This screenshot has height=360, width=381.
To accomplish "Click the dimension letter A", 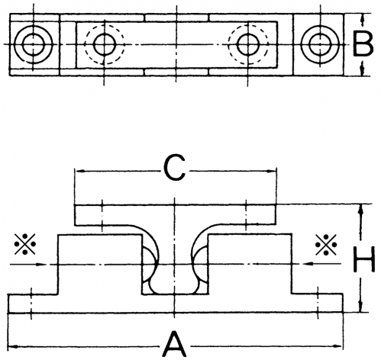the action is [x=174, y=344].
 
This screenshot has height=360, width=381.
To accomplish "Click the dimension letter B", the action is [x=363, y=43].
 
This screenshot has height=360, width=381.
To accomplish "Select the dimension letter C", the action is [x=174, y=168].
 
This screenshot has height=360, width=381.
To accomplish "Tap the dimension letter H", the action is [x=364, y=259].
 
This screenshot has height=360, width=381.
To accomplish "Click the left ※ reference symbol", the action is [x=25, y=244].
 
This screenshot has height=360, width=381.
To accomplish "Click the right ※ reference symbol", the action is [x=326, y=245].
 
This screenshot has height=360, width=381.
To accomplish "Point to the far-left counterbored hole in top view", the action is [x=34, y=44].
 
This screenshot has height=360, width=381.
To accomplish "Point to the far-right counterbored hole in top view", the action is [x=320, y=44].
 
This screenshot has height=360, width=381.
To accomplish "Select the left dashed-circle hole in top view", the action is [x=105, y=44].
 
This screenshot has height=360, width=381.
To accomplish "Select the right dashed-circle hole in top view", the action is [x=248, y=44].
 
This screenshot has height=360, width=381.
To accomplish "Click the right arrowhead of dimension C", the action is [x=271, y=172].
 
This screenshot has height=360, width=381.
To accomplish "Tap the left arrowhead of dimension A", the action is [x=13, y=346].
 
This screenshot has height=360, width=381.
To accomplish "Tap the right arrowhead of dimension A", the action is [x=337, y=346].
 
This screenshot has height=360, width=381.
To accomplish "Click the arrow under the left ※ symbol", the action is [x=28, y=265].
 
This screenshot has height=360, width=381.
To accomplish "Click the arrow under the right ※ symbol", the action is [x=322, y=265].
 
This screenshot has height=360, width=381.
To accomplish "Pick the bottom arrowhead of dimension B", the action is [x=363, y=70].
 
